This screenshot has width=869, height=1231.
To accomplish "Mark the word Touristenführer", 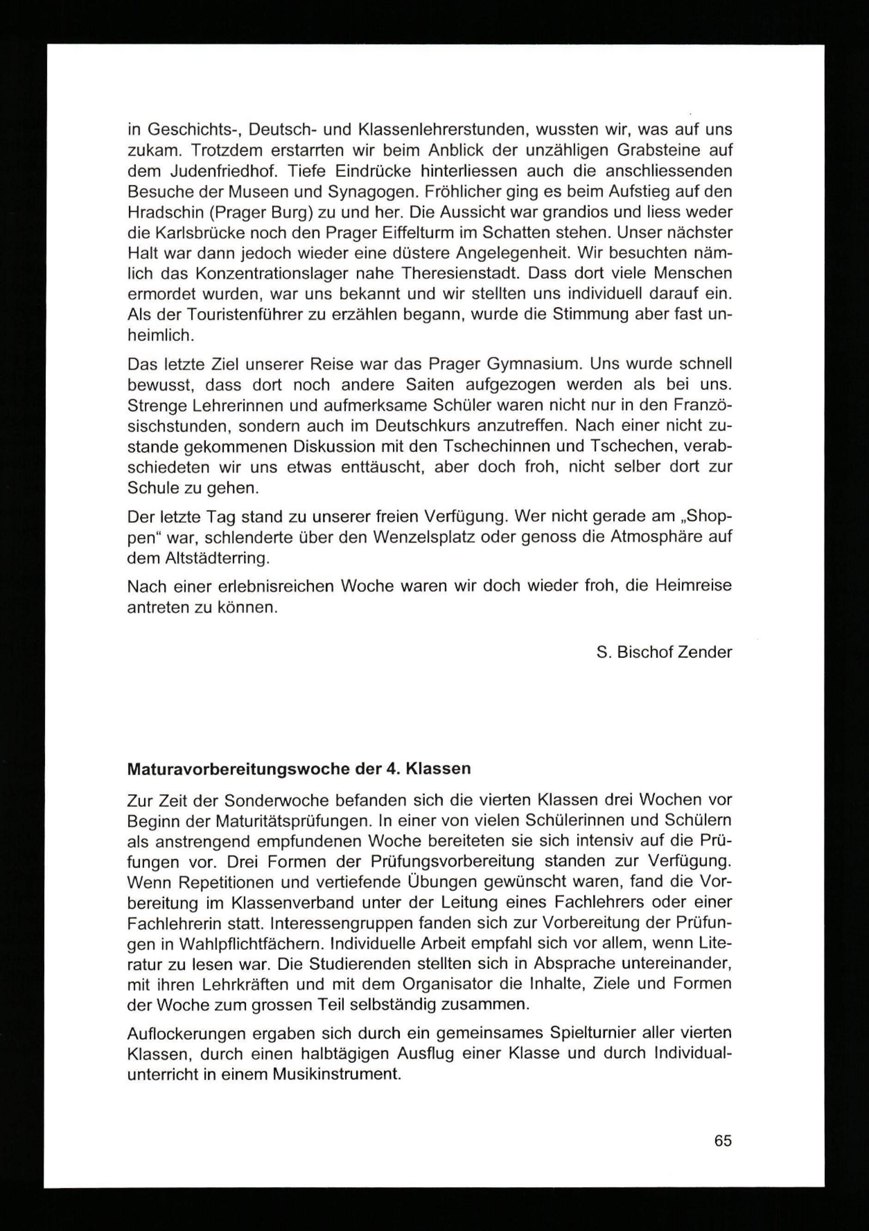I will coord(239,315).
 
